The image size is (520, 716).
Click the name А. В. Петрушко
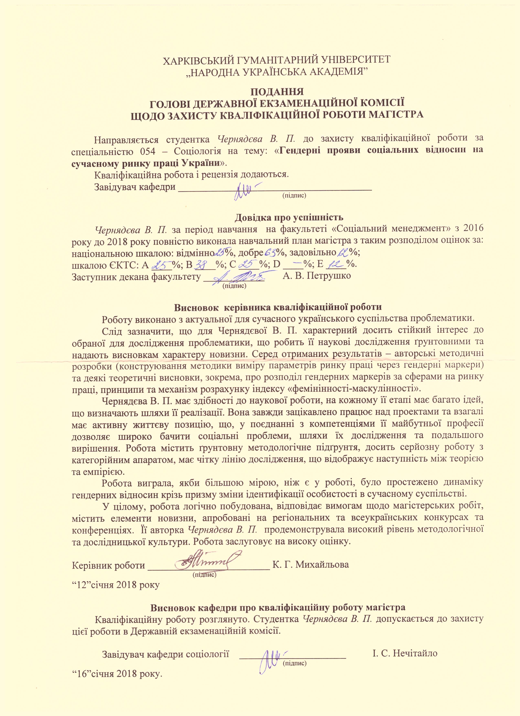pyautogui.click(x=317, y=276)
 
